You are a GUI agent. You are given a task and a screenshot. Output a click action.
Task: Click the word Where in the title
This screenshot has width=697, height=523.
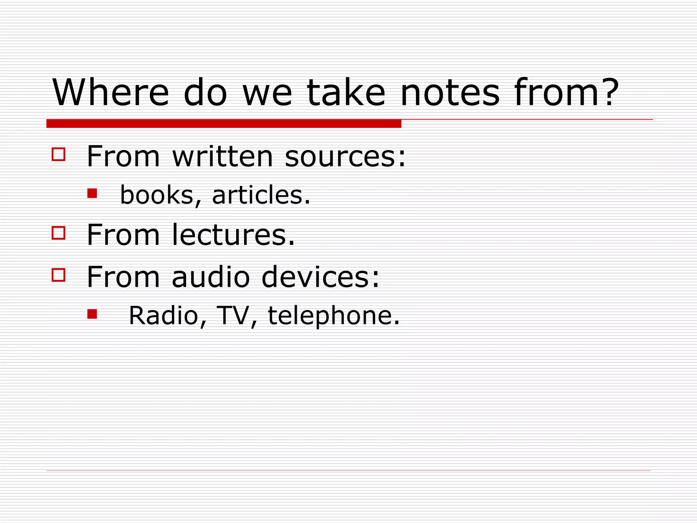tap(111, 92)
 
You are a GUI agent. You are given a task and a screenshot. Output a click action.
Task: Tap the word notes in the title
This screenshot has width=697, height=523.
tap(450, 92)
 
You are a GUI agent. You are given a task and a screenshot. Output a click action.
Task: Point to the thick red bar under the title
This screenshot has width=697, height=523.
tap(224, 124)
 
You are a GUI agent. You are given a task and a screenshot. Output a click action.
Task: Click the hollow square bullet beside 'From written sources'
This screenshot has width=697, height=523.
tap(59, 154)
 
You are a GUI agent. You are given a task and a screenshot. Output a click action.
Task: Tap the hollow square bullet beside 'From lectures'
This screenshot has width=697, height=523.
tap(59, 233)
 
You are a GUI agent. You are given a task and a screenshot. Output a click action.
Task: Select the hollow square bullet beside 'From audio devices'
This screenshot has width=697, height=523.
tap(59, 275)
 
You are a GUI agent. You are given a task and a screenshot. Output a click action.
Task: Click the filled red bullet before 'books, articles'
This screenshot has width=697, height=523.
tap(92, 193)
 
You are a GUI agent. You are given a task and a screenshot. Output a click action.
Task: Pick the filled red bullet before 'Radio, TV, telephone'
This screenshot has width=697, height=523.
tap(92, 314)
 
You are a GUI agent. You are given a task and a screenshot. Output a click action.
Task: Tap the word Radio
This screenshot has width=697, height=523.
tap(164, 315)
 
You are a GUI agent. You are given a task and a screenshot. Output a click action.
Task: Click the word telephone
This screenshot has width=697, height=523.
tap(330, 316)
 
